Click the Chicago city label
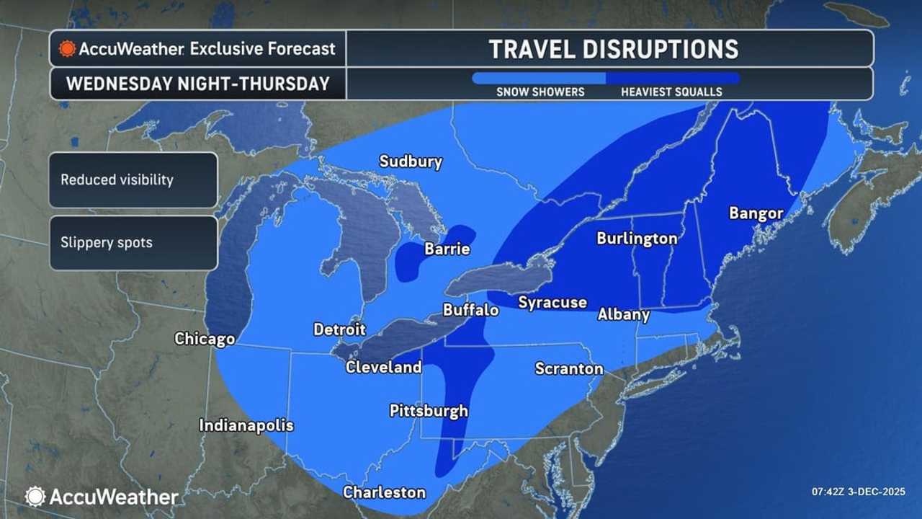[x=205, y=339]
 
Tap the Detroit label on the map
[x=339, y=329]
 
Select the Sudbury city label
[x=411, y=161]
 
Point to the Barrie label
[x=447, y=249]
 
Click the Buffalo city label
[x=470, y=310]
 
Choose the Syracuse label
[x=552, y=303]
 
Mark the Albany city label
[x=623, y=314]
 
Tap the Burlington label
[x=637, y=239]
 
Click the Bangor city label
[x=756, y=213]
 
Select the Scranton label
[x=568, y=369]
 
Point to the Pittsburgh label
[x=429, y=412]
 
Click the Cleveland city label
[x=383, y=367]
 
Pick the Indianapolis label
[x=246, y=425]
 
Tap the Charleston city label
[x=384, y=493]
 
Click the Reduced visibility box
[x=133, y=180]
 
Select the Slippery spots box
[x=133, y=243]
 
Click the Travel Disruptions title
[x=613, y=49]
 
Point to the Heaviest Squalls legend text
[x=671, y=92]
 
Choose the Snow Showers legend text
[x=540, y=92]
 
